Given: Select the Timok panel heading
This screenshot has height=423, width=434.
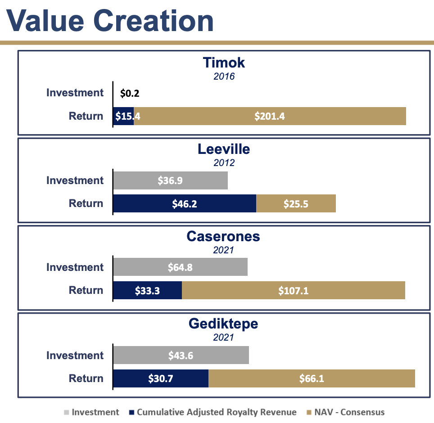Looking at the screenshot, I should [x=224, y=62].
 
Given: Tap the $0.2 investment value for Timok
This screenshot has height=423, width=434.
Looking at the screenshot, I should [x=130, y=94].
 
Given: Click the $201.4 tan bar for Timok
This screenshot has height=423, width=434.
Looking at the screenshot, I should [x=270, y=116].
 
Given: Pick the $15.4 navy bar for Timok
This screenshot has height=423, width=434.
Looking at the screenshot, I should [x=123, y=116].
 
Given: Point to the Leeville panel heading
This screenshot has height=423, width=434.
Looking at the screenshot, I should [x=224, y=149].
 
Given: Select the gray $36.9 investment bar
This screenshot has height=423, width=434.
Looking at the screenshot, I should [x=170, y=180].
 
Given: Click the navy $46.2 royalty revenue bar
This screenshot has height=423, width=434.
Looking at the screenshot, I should [x=185, y=203].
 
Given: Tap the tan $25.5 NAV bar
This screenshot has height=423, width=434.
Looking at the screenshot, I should [x=296, y=203].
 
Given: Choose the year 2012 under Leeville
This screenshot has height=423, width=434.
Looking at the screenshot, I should [x=224, y=163].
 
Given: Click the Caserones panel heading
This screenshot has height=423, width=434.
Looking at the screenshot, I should [x=224, y=236].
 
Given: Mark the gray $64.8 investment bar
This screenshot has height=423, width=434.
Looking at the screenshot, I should [x=180, y=267].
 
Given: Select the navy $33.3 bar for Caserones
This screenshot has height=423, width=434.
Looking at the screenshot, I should [x=147, y=290].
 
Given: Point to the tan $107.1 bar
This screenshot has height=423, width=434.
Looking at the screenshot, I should [x=293, y=290].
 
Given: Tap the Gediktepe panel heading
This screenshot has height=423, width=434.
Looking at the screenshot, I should [x=224, y=324].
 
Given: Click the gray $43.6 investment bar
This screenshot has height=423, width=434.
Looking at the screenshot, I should [x=181, y=355].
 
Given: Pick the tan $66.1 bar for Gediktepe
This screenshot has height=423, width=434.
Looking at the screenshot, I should [x=312, y=378].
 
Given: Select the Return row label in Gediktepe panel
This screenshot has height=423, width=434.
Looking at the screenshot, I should [x=86, y=378].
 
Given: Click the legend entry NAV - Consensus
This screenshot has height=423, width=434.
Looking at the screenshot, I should [x=349, y=412].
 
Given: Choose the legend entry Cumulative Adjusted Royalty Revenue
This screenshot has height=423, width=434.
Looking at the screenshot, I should [x=216, y=412].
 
